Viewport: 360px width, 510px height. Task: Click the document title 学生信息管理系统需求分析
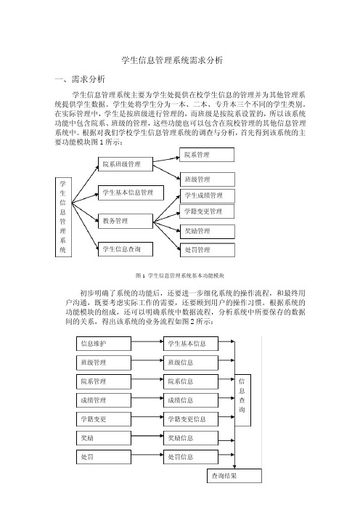tap(172, 60)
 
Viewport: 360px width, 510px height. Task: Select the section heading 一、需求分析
tap(80, 79)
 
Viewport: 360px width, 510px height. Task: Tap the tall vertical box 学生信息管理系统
tap(63, 217)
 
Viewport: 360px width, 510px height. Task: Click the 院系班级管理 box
tap(126, 164)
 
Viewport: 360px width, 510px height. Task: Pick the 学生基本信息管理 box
tap(131, 193)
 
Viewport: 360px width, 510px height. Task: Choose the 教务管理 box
tap(126, 221)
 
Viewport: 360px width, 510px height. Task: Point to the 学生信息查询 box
tap(126, 249)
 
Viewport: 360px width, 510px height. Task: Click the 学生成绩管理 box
tap(208, 195)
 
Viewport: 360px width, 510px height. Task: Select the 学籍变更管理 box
tap(207, 211)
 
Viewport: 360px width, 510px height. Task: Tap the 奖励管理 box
tap(208, 231)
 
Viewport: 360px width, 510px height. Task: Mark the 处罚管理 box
tap(208, 250)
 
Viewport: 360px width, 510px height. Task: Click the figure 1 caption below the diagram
tap(180, 276)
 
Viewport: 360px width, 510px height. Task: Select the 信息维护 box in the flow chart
tap(104, 344)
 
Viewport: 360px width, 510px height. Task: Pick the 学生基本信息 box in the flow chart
tap(191, 344)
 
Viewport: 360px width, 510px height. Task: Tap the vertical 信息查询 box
tap(242, 400)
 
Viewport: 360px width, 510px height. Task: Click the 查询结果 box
tap(234, 476)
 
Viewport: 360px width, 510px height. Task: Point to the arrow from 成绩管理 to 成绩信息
tap(147, 398)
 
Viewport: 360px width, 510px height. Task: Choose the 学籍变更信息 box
tap(191, 419)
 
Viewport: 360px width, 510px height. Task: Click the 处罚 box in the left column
tap(104, 457)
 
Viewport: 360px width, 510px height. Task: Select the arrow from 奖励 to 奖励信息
tap(147, 435)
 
